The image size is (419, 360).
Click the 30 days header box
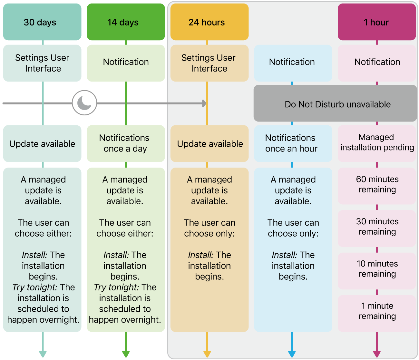[x=42, y=22]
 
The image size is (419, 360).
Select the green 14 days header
[x=126, y=22]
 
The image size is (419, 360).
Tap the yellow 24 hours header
[x=209, y=22]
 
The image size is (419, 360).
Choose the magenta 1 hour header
[x=377, y=22]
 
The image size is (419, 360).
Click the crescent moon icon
[x=84, y=103]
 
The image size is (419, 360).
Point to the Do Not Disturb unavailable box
[x=335, y=103]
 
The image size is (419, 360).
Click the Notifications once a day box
[x=126, y=143]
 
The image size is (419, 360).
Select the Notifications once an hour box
[x=293, y=143]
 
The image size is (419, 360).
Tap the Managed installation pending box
[x=377, y=143]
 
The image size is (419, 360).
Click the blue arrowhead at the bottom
[x=292, y=354]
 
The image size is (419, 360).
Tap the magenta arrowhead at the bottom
[x=377, y=354]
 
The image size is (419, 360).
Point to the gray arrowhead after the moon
[x=204, y=103]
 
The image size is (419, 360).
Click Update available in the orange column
[x=209, y=143]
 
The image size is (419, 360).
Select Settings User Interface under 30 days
[x=42, y=63]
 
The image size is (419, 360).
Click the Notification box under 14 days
[x=126, y=62]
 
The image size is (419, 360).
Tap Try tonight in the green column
[x=116, y=287]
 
